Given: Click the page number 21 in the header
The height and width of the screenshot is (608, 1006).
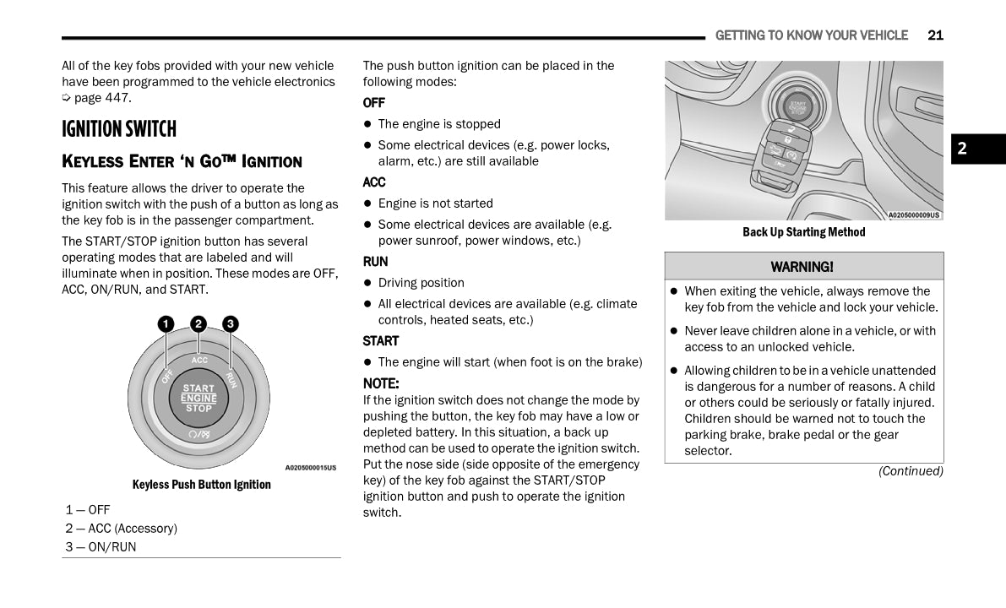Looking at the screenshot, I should [935, 35].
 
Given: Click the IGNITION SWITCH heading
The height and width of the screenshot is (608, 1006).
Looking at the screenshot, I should [119, 129].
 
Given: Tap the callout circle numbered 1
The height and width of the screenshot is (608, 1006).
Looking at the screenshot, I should [166, 324].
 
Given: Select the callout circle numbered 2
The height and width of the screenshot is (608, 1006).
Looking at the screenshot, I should [198, 324].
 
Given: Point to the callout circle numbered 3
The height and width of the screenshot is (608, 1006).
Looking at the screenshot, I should [231, 324].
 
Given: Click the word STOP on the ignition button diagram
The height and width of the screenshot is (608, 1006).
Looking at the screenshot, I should [199, 409].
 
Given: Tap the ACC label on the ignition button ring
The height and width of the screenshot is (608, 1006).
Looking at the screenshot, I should [199, 361].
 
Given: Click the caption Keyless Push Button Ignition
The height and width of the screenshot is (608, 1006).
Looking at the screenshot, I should [202, 485].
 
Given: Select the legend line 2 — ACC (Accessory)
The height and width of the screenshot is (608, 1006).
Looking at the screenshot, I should [122, 529].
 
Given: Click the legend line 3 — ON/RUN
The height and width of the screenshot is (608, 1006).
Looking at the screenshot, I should [101, 547].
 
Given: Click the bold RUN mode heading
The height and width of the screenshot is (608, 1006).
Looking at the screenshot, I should [376, 262].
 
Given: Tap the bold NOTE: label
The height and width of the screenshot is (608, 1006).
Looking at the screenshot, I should [381, 383].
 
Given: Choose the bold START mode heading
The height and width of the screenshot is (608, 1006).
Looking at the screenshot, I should [381, 341].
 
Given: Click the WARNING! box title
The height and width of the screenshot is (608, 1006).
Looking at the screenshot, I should [802, 267].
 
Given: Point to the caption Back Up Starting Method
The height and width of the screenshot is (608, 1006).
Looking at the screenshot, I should [804, 232].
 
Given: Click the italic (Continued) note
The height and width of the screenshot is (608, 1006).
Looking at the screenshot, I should [911, 471].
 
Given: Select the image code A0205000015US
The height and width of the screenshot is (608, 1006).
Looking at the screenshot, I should [310, 468].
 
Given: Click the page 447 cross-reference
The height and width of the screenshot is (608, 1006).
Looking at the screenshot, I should [102, 98].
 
